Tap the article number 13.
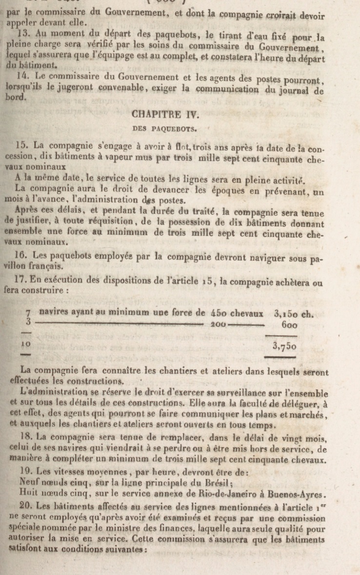point(22,35)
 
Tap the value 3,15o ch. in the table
point(293,314)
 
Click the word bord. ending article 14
point(18,98)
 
